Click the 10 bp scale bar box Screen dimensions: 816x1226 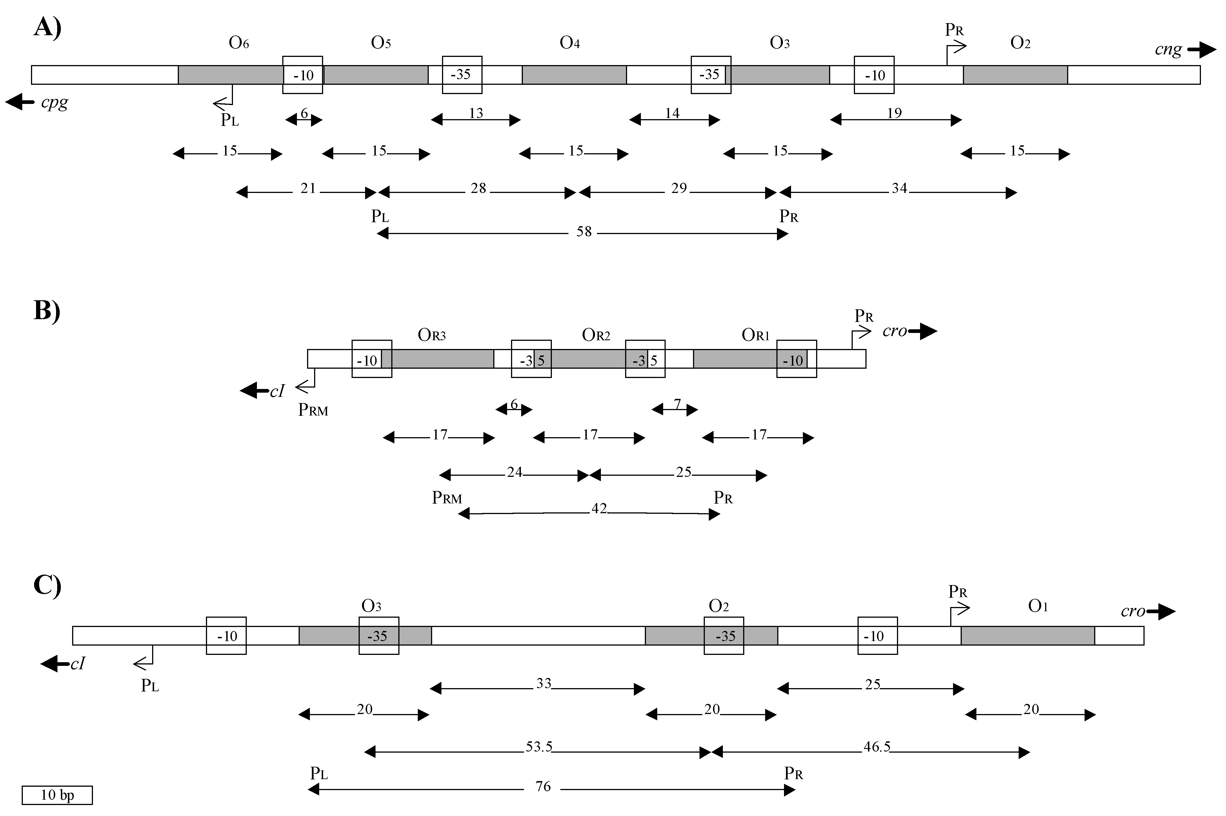(57, 795)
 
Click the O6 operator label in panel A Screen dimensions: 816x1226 (239, 43)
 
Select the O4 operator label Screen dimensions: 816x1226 (570, 43)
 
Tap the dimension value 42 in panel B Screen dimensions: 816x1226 (599, 508)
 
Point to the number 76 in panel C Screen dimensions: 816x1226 (543, 786)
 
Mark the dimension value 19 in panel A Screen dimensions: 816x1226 (894, 114)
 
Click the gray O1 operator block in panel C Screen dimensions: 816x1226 (1028, 635)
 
